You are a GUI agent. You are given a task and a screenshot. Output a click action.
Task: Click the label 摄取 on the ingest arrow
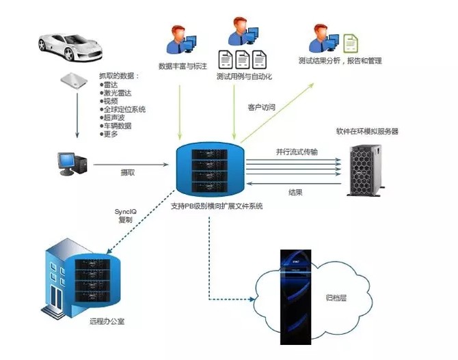click(127, 173)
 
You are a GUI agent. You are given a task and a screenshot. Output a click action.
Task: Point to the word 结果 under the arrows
click(295, 193)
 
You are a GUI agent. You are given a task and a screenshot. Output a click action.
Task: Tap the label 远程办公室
click(107, 319)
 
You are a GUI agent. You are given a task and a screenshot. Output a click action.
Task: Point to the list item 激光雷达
click(117, 92)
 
